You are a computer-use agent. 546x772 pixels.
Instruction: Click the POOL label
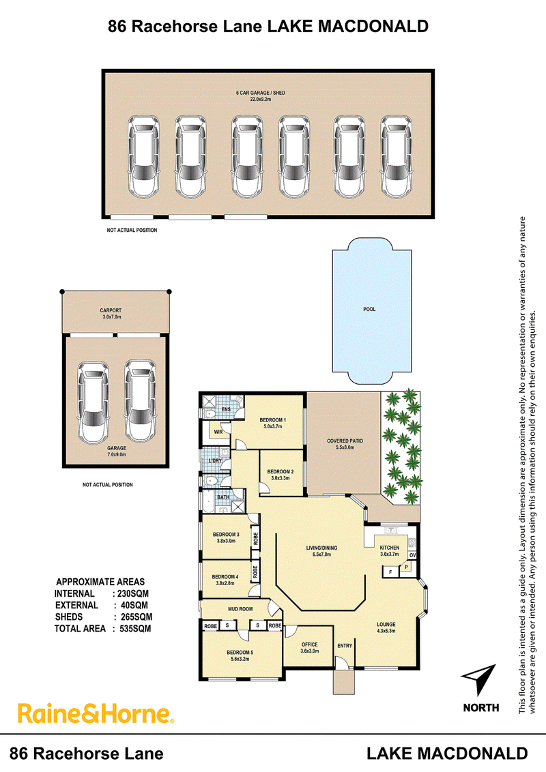(x=369, y=309)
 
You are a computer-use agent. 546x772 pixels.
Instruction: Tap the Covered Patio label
(x=345, y=443)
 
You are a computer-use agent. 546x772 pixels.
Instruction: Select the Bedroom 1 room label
(x=272, y=423)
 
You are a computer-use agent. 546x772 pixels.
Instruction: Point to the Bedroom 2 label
(x=281, y=475)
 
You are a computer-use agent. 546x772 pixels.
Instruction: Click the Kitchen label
(x=389, y=550)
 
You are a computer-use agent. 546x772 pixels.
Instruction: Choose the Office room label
(x=309, y=647)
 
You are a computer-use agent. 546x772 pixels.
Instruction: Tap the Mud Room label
(x=240, y=609)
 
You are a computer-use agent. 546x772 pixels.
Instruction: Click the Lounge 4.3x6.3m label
(x=386, y=627)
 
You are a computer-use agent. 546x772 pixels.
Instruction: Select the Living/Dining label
(x=321, y=550)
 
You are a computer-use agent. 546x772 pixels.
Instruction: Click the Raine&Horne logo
(x=96, y=714)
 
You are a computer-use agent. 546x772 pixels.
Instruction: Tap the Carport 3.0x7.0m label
(x=111, y=314)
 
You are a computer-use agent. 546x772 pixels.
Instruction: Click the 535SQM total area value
(x=135, y=629)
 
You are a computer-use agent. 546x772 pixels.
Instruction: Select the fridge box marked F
(x=391, y=572)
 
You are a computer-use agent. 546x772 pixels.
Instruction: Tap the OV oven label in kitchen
(x=412, y=555)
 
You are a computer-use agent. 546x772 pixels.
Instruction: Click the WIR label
(x=218, y=432)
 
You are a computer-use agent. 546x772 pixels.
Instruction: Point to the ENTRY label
(x=345, y=645)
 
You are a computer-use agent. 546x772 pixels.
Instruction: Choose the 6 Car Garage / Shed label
(x=261, y=95)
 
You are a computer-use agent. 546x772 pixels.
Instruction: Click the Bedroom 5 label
(x=240, y=655)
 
